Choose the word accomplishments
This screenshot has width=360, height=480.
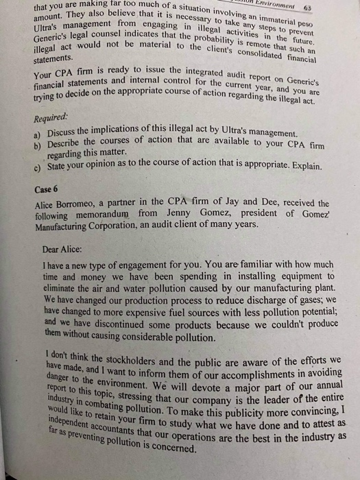click(259, 371)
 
